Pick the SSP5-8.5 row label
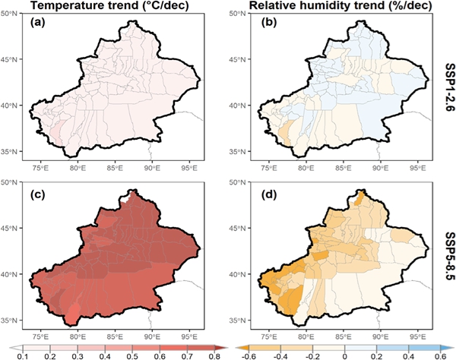[446, 255]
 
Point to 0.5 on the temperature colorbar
[126, 355]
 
